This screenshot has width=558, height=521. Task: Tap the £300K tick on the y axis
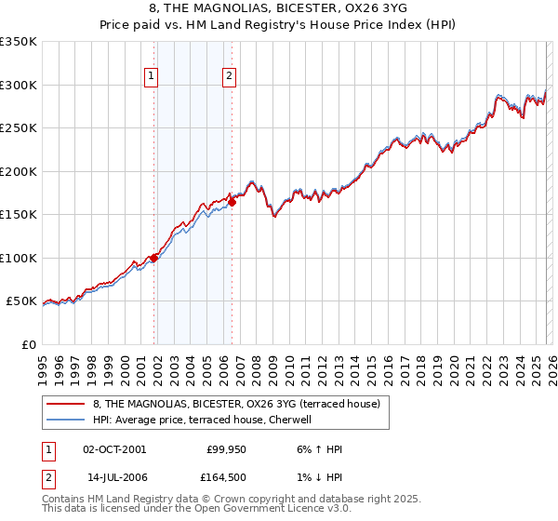pos(19,85)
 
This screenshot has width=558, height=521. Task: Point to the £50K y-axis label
pos(21,301)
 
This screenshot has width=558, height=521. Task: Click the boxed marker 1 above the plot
pos(151,77)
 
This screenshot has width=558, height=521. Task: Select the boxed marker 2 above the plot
pos(228,77)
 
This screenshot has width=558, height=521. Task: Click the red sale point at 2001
pos(153,258)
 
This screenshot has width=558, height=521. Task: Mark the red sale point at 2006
pos(232,202)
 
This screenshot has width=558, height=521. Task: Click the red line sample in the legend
pos(66,405)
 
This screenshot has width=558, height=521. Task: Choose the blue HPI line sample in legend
pos(66,420)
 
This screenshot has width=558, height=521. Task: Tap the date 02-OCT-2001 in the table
pos(114,449)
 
